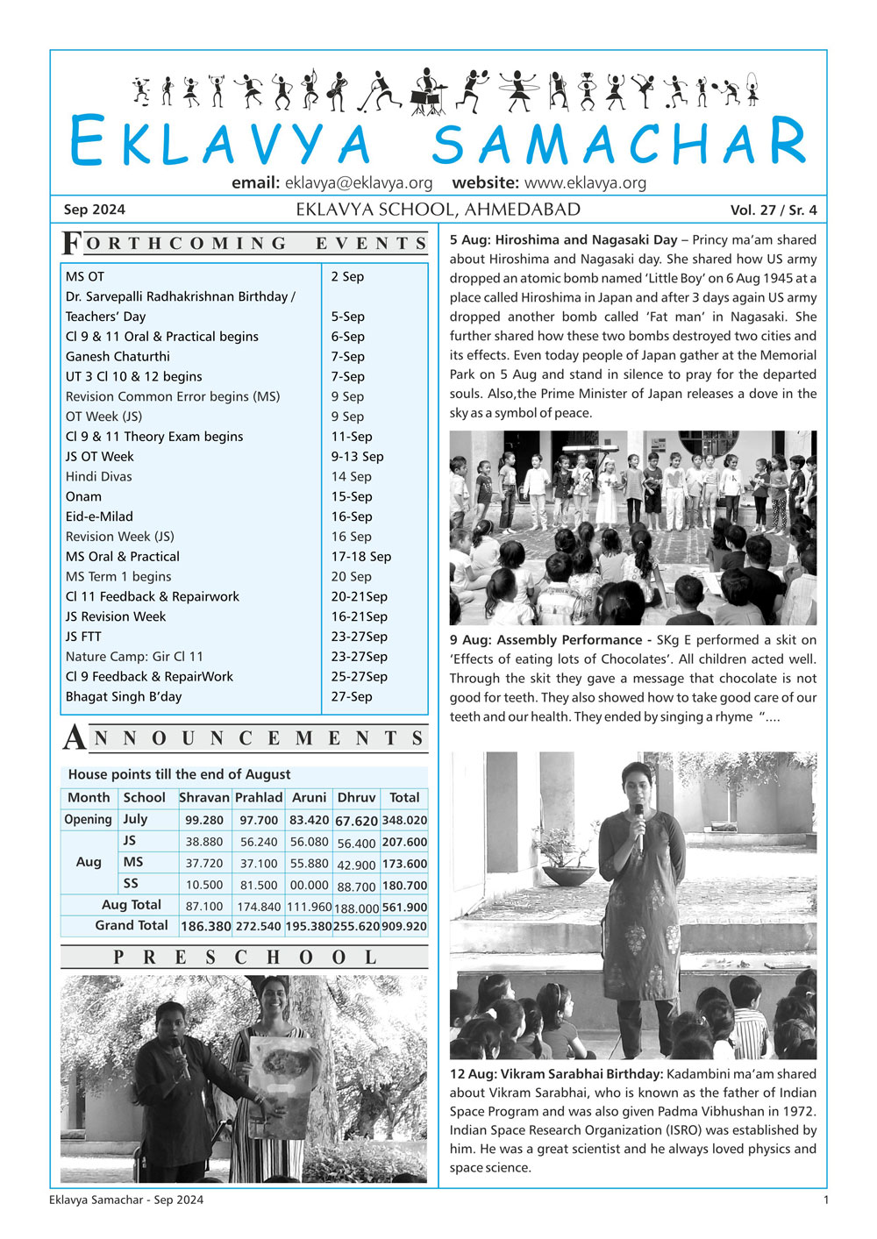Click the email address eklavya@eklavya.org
(x=359, y=183)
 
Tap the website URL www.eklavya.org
(x=585, y=183)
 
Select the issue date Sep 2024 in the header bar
(x=95, y=210)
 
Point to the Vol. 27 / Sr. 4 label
(x=773, y=210)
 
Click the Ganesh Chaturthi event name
(x=118, y=357)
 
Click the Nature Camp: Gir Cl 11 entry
(x=134, y=657)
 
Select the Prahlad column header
(x=259, y=798)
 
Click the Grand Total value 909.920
(x=404, y=926)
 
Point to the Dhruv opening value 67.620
(x=356, y=821)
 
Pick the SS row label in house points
(x=130, y=884)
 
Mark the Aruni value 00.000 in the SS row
(x=309, y=886)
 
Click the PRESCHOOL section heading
(x=245, y=958)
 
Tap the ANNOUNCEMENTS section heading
(x=246, y=739)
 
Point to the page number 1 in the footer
(x=825, y=1200)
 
